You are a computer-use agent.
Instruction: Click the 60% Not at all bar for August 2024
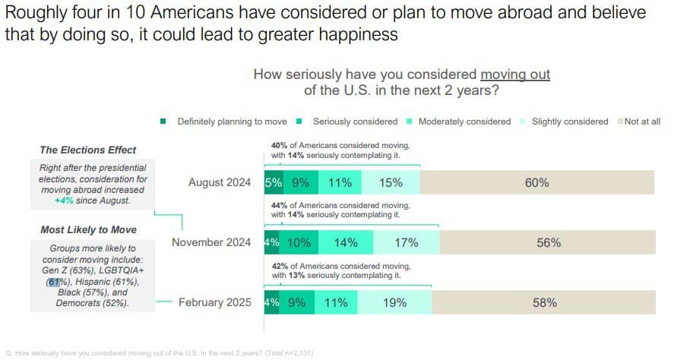(x=537, y=183)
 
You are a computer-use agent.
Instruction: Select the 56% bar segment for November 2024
(x=548, y=242)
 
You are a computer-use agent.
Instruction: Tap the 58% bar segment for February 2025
(x=544, y=302)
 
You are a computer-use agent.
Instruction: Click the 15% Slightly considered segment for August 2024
(x=391, y=183)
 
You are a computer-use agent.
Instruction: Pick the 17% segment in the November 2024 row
(x=406, y=242)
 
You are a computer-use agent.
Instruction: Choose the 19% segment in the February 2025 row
(x=394, y=302)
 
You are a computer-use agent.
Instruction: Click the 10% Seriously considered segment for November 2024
(x=299, y=242)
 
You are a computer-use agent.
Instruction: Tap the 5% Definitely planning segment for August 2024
(x=273, y=183)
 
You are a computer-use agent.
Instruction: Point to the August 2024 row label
(x=219, y=183)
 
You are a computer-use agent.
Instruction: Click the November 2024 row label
(x=211, y=242)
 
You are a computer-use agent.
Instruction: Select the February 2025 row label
(x=214, y=302)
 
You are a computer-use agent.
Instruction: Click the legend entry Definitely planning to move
(x=231, y=122)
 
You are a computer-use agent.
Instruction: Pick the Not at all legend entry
(x=642, y=122)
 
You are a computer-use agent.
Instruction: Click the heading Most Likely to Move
(x=88, y=229)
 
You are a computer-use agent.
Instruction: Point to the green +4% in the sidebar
(x=64, y=201)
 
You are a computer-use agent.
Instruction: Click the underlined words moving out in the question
(x=515, y=74)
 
